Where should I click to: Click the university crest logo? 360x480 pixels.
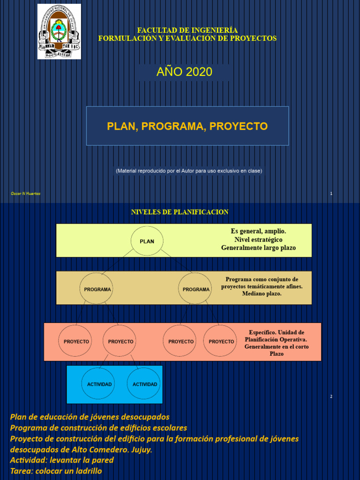click(x=59, y=31)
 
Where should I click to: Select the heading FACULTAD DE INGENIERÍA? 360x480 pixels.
click(x=187, y=30)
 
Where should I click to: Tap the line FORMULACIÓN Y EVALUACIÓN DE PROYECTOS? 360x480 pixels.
click(x=187, y=38)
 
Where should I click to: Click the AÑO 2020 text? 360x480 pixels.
click(x=184, y=72)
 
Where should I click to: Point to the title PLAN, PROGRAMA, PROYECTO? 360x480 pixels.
click(x=187, y=126)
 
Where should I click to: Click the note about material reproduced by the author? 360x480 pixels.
click(x=189, y=171)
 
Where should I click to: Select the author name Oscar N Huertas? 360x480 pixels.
click(x=25, y=194)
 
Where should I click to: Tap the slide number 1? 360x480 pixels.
click(x=331, y=194)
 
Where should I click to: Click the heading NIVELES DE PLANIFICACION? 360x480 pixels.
click(x=180, y=212)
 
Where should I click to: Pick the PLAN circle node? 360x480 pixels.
click(x=147, y=241)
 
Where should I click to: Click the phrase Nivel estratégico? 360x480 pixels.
click(x=258, y=240)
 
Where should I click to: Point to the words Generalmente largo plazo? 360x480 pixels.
click(x=258, y=247)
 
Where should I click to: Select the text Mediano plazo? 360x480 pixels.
click(x=262, y=293)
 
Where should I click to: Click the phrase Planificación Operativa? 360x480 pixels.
click(x=276, y=339)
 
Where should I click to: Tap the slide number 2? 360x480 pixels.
click(x=331, y=397)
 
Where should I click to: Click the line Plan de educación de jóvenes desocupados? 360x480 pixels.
click(x=90, y=417)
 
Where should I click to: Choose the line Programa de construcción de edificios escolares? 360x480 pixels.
click(x=98, y=427)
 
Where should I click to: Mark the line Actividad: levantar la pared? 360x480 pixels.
click(x=62, y=460)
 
